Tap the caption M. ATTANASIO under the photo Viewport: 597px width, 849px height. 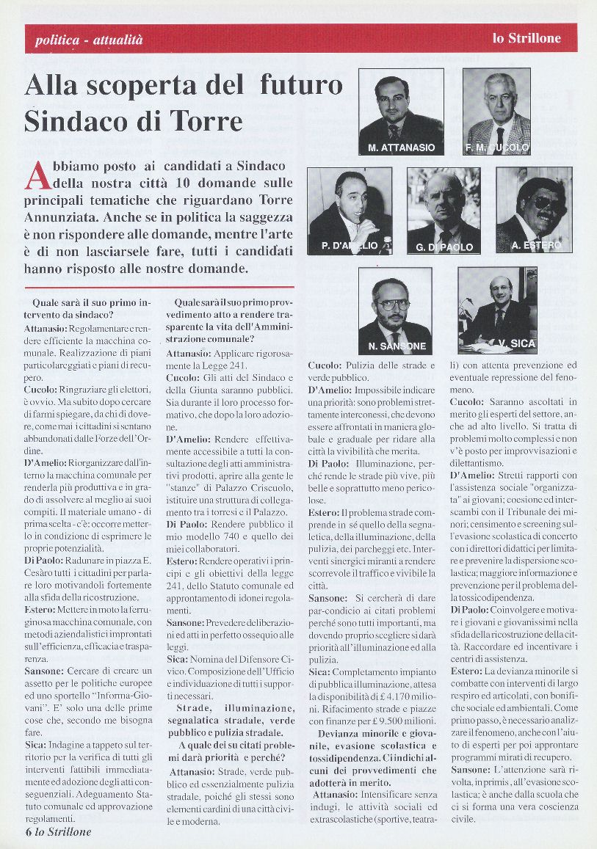pyautogui.click(x=401, y=147)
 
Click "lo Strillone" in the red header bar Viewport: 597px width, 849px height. pyautogui.click(x=527, y=38)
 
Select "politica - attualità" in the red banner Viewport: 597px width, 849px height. pyautogui.click(x=88, y=40)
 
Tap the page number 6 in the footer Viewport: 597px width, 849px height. pyautogui.click(x=28, y=831)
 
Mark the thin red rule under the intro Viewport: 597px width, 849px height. pyautogui.click(x=159, y=287)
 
